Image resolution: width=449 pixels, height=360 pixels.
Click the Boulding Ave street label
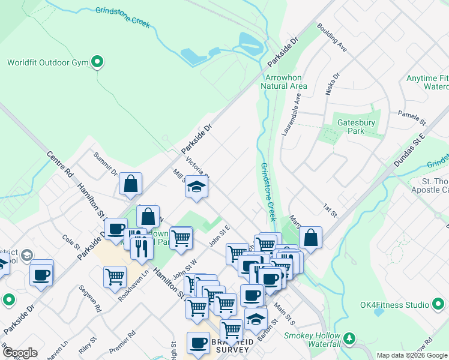click(x=333, y=37)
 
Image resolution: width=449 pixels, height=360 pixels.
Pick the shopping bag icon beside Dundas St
click(x=310, y=238)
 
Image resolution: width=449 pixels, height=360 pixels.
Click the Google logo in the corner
click(x=20, y=353)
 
